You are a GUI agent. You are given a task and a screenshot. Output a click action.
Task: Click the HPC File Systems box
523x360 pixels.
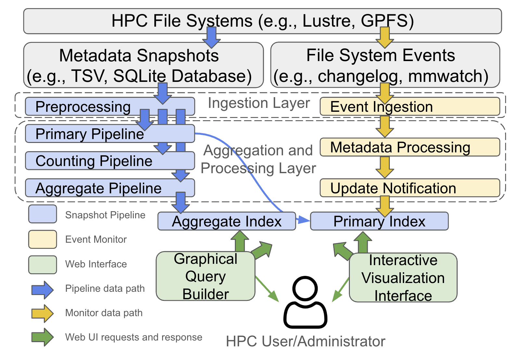[x=262, y=21]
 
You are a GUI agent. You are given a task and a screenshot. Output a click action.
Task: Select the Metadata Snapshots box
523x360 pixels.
[x=143, y=65]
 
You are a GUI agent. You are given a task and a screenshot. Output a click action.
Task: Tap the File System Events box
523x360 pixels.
[x=385, y=65]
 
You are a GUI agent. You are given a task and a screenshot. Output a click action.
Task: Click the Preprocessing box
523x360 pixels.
[x=110, y=107]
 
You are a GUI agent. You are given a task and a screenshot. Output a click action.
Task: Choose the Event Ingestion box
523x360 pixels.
[x=410, y=107]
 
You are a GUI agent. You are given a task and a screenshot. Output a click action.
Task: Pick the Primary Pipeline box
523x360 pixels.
[x=110, y=134]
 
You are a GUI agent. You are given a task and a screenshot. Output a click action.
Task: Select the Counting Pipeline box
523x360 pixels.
[x=110, y=161]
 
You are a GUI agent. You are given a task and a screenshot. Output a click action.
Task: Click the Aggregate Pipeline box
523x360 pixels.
[x=110, y=188]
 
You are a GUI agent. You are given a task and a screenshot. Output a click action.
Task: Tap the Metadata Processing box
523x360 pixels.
[x=410, y=147]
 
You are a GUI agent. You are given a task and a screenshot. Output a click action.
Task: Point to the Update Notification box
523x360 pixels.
[x=410, y=188]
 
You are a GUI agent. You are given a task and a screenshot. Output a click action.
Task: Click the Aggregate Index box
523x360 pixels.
[x=227, y=221]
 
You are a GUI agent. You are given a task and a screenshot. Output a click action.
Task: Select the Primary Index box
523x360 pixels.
[x=379, y=221]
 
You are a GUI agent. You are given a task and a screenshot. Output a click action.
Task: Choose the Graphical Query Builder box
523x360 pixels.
[x=205, y=276]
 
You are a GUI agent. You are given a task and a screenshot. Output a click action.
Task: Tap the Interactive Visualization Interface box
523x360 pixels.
[x=403, y=277]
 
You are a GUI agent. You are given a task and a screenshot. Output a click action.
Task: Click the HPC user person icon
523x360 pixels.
[x=305, y=302]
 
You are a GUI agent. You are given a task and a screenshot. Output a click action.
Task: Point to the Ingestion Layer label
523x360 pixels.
[x=259, y=103]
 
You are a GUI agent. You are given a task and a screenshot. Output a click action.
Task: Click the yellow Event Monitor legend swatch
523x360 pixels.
[x=43, y=239]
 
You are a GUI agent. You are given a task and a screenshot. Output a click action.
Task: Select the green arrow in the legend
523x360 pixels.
[x=43, y=337]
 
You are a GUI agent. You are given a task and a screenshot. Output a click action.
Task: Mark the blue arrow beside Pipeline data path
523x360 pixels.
[x=43, y=290]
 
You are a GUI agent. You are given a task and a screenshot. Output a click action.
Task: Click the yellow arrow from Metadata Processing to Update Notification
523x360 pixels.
[x=385, y=167]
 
